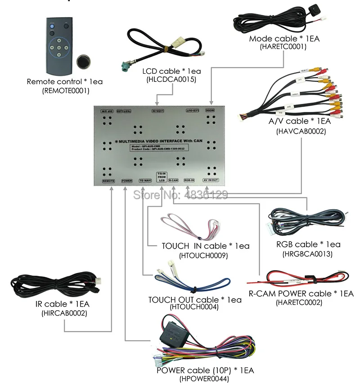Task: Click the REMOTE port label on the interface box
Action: point(108,181)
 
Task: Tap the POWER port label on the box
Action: point(127,181)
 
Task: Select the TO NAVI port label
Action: point(145,181)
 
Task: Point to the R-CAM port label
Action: point(174,181)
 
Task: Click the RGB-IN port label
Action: point(189,181)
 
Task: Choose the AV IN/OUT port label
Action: point(211,181)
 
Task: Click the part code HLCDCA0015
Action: point(171,80)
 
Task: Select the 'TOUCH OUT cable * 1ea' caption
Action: point(195,300)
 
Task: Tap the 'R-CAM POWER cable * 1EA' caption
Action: point(301,294)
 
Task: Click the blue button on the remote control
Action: point(52,27)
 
